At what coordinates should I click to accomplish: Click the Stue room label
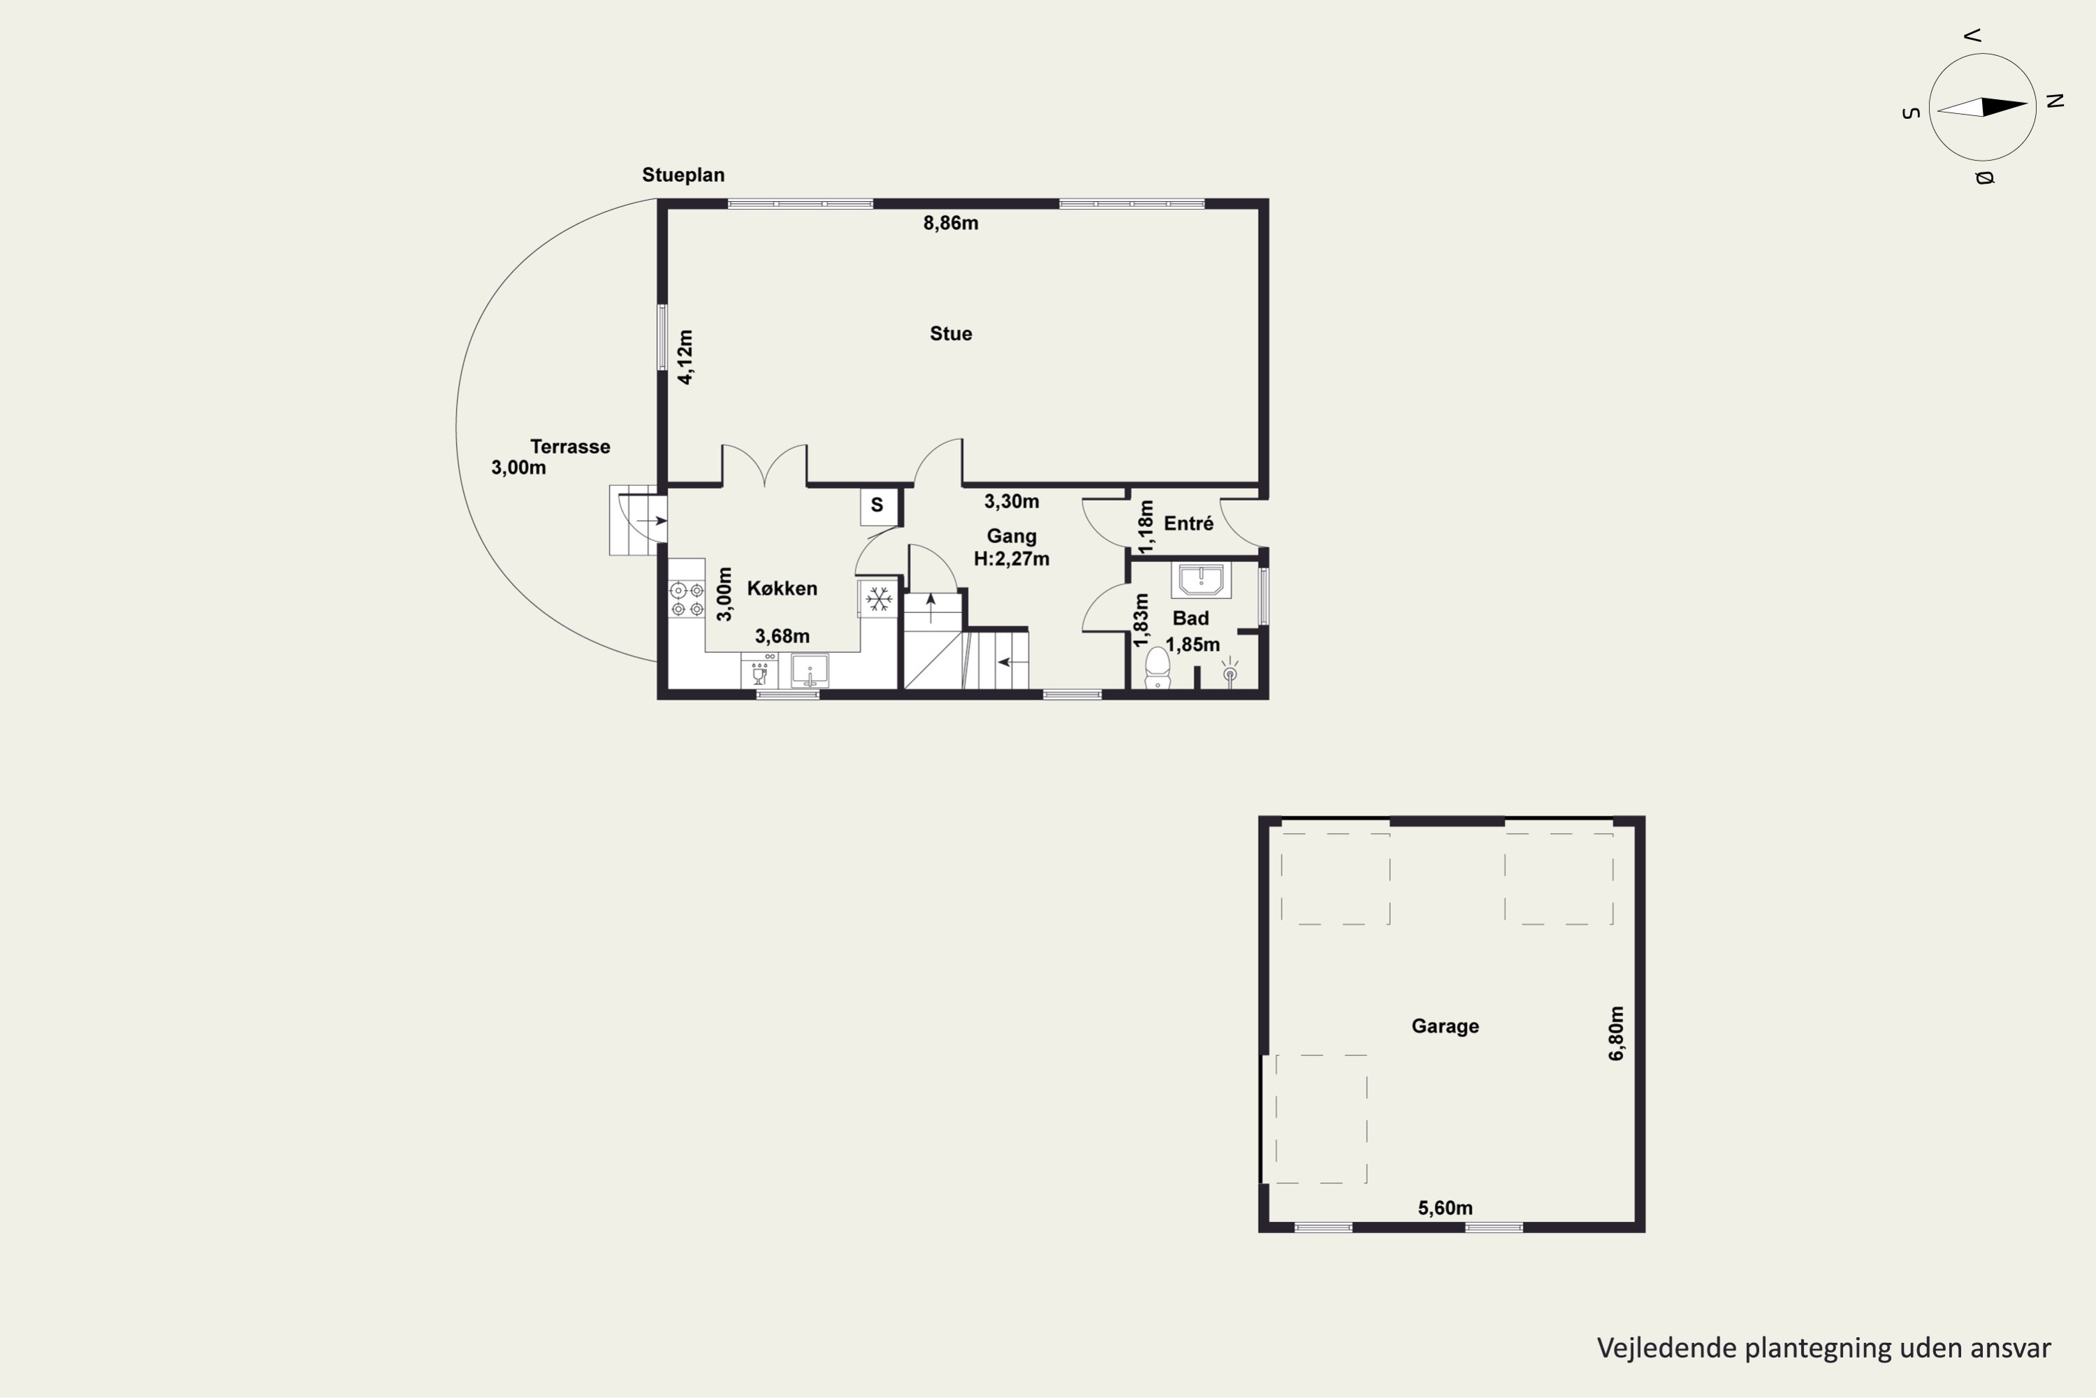point(951,333)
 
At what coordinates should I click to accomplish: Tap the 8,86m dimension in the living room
point(951,223)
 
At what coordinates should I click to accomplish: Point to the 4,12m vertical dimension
point(685,356)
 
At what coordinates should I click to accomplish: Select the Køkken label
point(782,589)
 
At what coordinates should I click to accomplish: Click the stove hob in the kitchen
point(687,599)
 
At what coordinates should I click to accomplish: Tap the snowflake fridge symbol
point(880,598)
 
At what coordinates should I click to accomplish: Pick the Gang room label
point(1012,536)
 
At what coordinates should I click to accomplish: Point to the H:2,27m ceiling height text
point(1012,559)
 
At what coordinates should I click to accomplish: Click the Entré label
point(1189,524)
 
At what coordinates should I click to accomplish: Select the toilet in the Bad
point(1158,668)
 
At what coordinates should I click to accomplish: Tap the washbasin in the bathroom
point(1201,580)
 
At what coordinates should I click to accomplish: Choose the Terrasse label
point(570,447)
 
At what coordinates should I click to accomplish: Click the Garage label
point(1445,1026)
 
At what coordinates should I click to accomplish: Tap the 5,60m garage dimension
point(1446,1208)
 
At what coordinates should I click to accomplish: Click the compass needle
point(1983,107)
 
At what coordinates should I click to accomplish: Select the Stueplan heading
point(683,175)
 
